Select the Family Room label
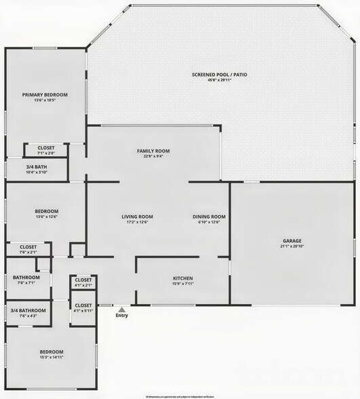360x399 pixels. click(153, 151)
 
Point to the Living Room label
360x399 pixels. click(138, 216)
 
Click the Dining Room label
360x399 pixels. click(209, 216)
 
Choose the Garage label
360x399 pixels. click(292, 240)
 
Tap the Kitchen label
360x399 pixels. click(182, 278)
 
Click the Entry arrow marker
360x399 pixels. click(121, 309)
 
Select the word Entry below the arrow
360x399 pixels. click(121, 316)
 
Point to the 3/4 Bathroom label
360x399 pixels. click(28, 310)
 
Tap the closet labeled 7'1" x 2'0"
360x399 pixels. click(46, 153)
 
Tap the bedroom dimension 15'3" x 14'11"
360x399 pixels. click(52, 358)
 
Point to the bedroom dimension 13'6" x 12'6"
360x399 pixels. click(47, 217)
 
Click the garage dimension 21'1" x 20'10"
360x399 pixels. click(292, 246)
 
